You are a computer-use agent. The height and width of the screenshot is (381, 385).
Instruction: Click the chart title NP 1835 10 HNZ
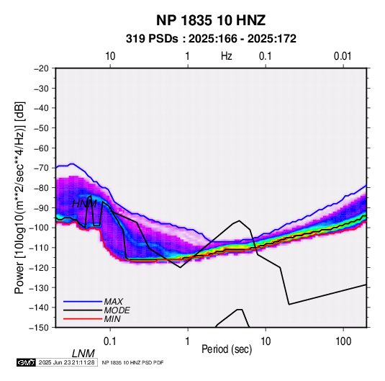(211, 20)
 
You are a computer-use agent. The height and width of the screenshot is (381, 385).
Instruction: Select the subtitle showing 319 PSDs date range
(211, 39)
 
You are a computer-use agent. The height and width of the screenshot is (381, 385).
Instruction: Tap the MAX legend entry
(113, 301)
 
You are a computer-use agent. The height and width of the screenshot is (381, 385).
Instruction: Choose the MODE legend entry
(117, 310)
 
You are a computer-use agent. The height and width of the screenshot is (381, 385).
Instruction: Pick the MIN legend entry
(112, 319)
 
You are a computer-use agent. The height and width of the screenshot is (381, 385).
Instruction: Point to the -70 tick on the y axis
(41, 168)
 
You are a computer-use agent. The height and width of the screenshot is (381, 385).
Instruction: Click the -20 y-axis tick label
(41, 68)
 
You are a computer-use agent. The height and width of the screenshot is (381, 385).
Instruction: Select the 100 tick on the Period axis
(343, 341)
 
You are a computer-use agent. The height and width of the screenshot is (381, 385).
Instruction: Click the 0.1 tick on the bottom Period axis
(110, 341)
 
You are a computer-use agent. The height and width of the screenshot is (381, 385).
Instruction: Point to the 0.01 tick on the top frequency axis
(343, 56)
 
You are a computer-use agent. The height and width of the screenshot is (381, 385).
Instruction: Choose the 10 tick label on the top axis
(110, 56)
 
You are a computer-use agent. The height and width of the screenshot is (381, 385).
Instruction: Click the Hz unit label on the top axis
(227, 56)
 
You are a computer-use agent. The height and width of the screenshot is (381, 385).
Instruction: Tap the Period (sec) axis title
(227, 349)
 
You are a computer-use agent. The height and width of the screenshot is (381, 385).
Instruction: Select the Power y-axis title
(19, 198)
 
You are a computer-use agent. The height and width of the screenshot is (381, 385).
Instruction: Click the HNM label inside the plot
(84, 204)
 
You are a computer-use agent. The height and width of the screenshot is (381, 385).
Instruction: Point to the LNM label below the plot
(83, 354)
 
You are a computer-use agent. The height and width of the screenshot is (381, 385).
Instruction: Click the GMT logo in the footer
(27, 362)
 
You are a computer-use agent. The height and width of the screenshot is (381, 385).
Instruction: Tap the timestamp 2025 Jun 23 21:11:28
(66, 362)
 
